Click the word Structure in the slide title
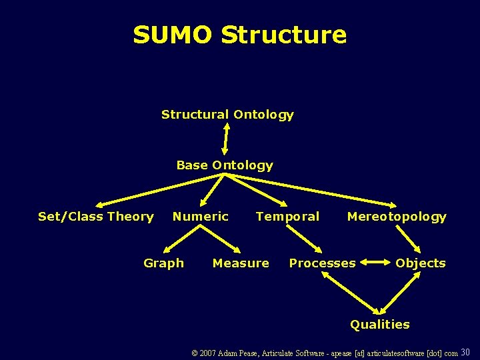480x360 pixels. [283, 35]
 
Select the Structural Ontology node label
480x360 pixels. [227, 115]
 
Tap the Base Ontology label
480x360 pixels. [225, 165]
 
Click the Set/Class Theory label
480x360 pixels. [96, 216]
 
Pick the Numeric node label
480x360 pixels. [200, 216]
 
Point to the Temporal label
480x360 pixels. [287, 216]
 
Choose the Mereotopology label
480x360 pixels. [397, 216]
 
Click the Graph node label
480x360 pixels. [163, 263]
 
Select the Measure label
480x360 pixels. [241, 263]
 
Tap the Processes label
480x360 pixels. [322, 263]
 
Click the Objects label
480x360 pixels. [420, 263]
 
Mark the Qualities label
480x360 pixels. [380, 325]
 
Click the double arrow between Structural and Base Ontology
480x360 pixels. [226, 139]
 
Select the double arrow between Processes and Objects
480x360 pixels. [375, 263]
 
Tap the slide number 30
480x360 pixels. [465, 352]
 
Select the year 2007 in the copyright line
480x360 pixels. [208, 353]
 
